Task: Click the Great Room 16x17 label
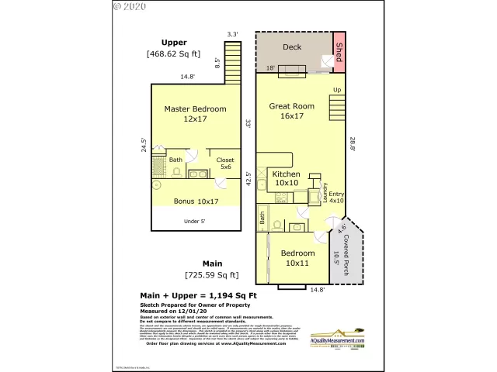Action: click(x=291, y=111)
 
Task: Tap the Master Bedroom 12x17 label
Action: click(x=195, y=115)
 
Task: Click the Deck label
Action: click(x=292, y=47)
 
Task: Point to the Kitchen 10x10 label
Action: click(x=285, y=179)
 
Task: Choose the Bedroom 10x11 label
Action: click(x=299, y=258)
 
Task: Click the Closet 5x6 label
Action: click(x=224, y=164)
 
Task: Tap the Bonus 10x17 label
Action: click(x=195, y=201)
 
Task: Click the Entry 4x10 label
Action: click(x=335, y=197)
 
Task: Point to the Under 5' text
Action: click(x=195, y=221)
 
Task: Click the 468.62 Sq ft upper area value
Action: click(x=173, y=54)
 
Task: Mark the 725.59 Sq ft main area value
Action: click(x=211, y=275)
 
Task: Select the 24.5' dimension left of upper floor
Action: click(x=144, y=146)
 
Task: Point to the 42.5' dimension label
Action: click(x=248, y=179)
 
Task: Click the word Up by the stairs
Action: click(x=336, y=91)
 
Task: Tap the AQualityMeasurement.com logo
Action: click(x=337, y=341)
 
